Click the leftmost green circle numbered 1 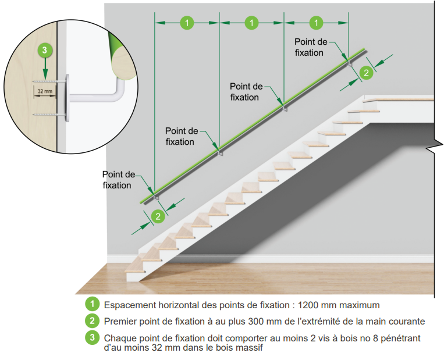pos(187,23)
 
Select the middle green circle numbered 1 pos(251,23)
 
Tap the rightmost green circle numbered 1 pos(316,23)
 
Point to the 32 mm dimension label pos(45,91)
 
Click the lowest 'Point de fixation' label pos(118,180)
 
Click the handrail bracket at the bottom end pos(156,197)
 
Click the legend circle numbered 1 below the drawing pos(92,304)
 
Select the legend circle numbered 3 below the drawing pos(92,337)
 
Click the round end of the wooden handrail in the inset pos(123,64)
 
